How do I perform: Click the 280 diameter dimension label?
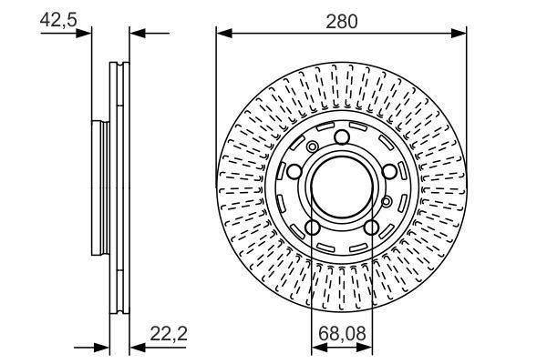pos(341,19)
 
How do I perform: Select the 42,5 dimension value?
pos(57,19)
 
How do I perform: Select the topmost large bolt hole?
pos(342,137)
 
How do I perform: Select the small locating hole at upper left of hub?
pos(312,147)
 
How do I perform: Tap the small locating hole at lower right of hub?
pos(387,200)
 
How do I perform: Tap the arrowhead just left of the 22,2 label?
pos(136,347)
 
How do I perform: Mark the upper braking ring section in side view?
pos(119,91)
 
